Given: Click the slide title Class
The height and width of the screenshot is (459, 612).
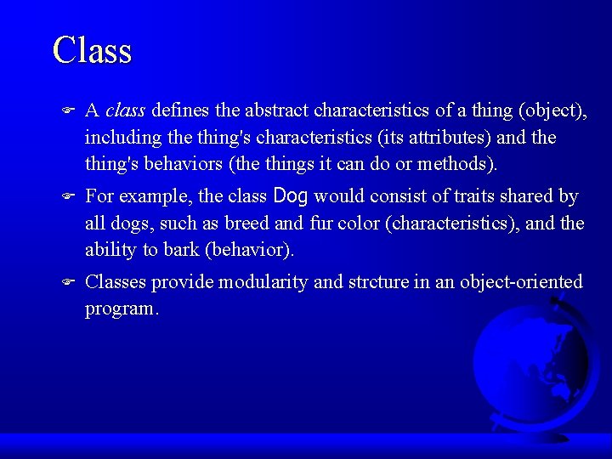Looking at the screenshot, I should pyautogui.click(x=92, y=51).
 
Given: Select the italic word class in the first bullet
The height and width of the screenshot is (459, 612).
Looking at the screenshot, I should pyautogui.click(x=126, y=110).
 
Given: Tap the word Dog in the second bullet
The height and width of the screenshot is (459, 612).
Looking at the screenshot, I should pyautogui.click(x=291, y=196).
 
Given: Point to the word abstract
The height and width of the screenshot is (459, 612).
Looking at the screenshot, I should pyautogui.click(x=277, y=110).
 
